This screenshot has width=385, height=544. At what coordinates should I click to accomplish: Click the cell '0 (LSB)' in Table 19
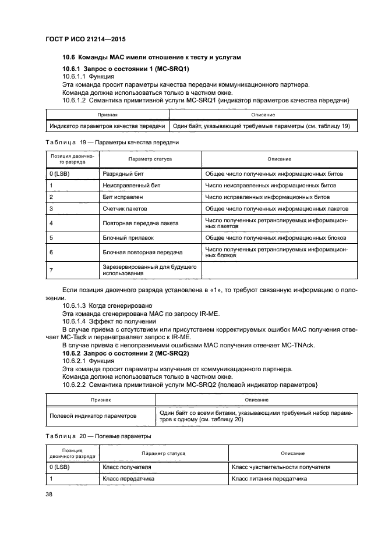59,173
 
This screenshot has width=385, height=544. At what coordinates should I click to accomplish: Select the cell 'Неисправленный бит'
131,185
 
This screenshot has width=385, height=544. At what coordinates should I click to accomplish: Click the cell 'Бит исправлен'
121,197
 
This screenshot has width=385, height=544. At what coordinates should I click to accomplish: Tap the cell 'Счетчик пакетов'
125,208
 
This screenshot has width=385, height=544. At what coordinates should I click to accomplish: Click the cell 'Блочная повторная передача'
142,252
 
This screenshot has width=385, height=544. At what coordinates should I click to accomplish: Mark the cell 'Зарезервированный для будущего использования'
149,269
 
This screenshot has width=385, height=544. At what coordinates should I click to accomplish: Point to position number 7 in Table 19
52,269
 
